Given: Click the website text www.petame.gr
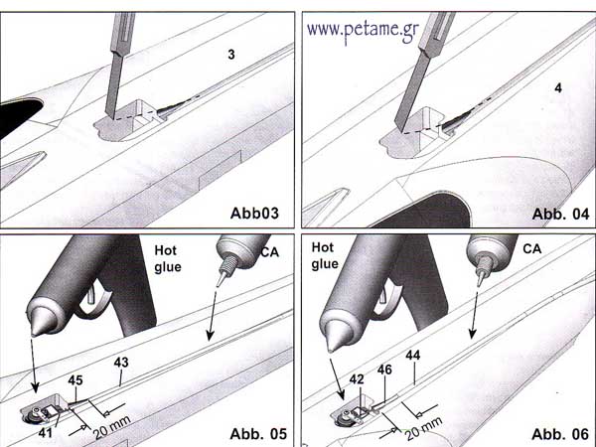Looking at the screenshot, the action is [x=363, y=31].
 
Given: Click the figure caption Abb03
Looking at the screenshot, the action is [x=254, y=213].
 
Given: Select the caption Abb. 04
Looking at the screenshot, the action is [x=560, y=214].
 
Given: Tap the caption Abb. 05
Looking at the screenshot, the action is [x=258, y=434].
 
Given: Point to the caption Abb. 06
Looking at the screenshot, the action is [x=560, y=434].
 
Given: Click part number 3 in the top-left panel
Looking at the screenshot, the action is [x=231, y=55].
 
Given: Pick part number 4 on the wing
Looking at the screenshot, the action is [x=558, y=88].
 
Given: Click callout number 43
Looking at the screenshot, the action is [x=121, y=363].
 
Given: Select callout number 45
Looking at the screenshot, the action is [x=75, y=380].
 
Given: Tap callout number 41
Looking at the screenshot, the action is [x=46, y=432].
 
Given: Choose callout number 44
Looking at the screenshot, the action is [x=413, y=355].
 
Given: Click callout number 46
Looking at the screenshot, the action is [x=384, y=370].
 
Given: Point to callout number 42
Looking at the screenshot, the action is [x=357, y=379].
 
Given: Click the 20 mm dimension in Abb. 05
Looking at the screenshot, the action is [x=112, y=427].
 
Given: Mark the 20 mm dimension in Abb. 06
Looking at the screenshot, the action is [x=424, y=428].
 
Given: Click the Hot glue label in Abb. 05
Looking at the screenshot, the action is [x=168, y=258].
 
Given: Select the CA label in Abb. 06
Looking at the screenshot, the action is [x=531, y=249].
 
